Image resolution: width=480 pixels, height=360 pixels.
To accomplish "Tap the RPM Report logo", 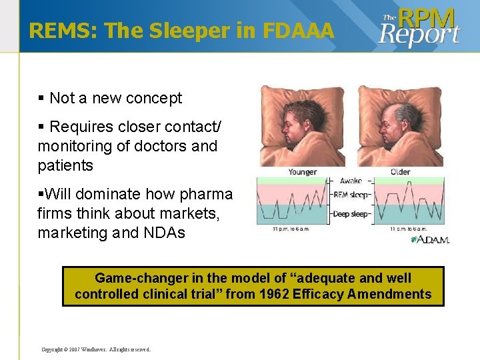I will point(419,27).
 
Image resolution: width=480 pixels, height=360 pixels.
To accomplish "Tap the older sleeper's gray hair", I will point(408,111).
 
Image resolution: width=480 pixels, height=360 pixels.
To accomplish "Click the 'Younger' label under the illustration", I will point(302,172).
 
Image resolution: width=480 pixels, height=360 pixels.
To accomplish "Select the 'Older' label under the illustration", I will point(400,172).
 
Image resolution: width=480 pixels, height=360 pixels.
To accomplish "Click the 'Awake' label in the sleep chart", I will point(351,181).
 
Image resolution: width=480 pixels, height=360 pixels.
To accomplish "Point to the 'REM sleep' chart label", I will point(351,195).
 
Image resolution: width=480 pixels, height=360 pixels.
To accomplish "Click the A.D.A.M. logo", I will point(430,239).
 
